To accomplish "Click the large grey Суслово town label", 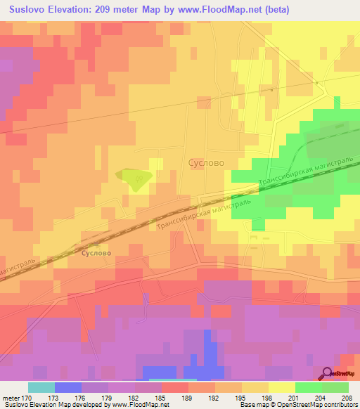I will (207, 162).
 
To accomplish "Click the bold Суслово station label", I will (96, 251).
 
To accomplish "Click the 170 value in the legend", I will (28, 397).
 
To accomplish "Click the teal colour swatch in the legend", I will (41, 387).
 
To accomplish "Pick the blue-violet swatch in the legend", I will (67, 387).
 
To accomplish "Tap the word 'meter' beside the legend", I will (11, 397).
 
